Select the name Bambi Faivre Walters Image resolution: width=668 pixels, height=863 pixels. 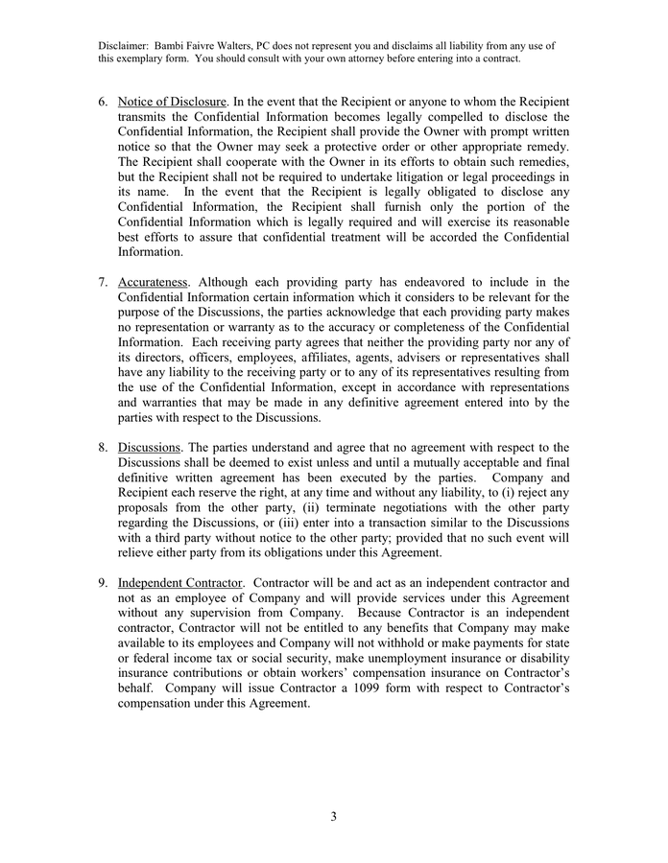tap(211, 44)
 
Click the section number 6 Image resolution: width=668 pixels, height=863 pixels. tap(103, 102)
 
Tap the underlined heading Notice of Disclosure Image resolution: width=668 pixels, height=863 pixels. tap(172, 102)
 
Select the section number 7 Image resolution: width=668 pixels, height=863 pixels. tap(103, 282)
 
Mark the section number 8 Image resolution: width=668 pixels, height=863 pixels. tap(103, 448)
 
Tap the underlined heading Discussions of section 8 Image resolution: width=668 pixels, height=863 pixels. tap(150, 448)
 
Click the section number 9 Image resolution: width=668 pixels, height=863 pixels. tap(103, 583)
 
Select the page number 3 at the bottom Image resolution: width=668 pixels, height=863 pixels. tap(333, 817)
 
